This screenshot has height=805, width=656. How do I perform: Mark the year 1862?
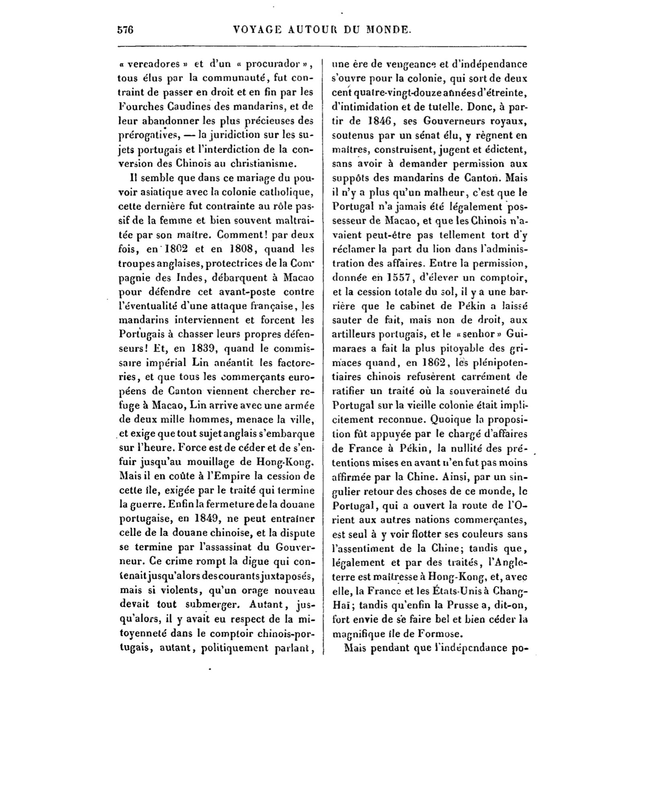(x=428, y=363)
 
